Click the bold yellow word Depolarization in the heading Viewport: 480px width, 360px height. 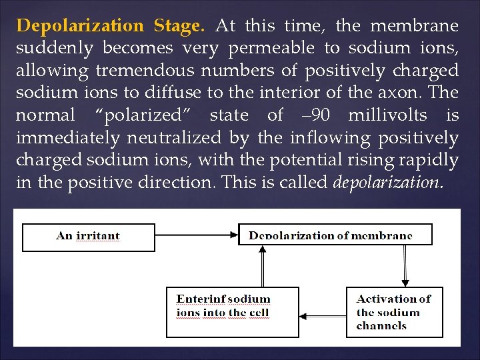(x=80, y=27)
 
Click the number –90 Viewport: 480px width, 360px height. (x=315, y=115)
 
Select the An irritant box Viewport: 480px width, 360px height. (x=89, y=237)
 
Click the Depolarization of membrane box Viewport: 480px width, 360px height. (x=335, y=235)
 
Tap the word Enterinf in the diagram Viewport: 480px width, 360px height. (x=201, y=299)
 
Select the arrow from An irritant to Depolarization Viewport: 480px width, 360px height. (x=197, y=235)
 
